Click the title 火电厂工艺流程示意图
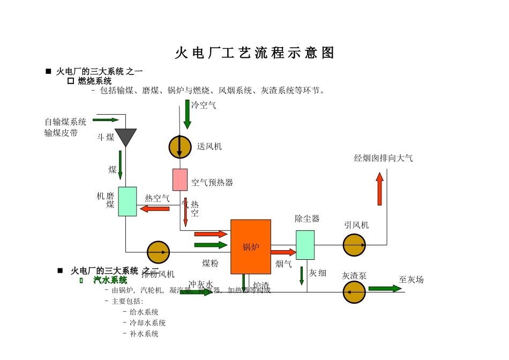(x=254, y=52)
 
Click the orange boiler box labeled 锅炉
(x=251, y=246)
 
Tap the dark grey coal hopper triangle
(x=126, y=137)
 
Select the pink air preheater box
(x=180, y=179)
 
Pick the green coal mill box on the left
(x=128, y=201)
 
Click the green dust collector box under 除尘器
(x=305, y=245)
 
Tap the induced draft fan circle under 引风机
(x=354, y=245)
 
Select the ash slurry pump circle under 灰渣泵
(x=354, y=292)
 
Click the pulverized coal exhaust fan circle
(x=158, y=252)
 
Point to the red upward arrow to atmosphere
(x=379, y=189)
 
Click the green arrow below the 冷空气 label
(x=188, y=114)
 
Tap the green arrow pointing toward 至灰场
(x=385, y=288)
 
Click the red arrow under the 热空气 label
(x=155, y=208)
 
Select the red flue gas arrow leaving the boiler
(x=283, y=252)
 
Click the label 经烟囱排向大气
(x=383, y=158)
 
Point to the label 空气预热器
(x=212, y=183)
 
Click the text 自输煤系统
(x=65, y=122)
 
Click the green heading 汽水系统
(x=110, y=280)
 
